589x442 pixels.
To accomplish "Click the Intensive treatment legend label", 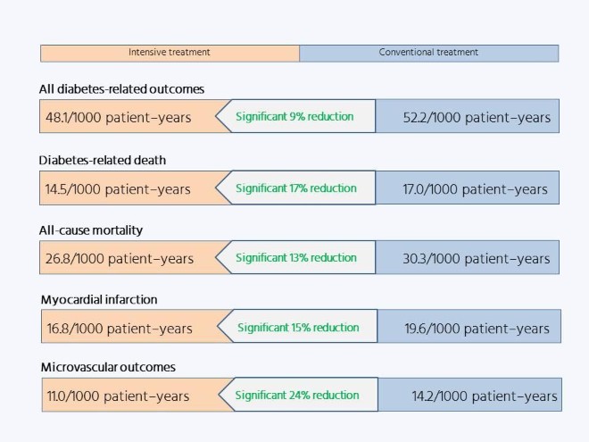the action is pyautogui.click(x=170, y=53).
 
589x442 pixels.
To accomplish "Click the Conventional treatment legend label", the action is pyautogui.click(x=428, y=53).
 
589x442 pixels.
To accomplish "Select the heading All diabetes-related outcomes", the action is pyautogui.click(x=121, y=89).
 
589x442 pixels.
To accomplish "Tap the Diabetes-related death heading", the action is pyautogui.click(x=103, y=161).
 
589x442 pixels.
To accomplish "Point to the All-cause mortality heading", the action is pyautogui.click(x=91, y=230).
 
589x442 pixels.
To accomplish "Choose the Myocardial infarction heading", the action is pyautogui.click(x=99, y=299).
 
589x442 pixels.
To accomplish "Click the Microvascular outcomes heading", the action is pyautogui.click(x=108, y=367).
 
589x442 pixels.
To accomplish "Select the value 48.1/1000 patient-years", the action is pyautogui.click(x=119, y=118).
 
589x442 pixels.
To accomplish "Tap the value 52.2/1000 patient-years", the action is pyautogui.click(x=477, y=118).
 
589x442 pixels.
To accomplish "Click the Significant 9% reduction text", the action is pyautogui.click(x=294, y=116).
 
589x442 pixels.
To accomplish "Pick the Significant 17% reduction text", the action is pyautogui.click(x=296, y=188).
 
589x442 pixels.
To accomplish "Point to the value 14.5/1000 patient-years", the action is pyautogui.click(x=118, y=189).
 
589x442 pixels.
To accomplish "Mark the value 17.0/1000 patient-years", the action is pyautogui.click(x=475, y=189).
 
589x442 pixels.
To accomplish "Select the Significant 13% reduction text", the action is pyautogui.click(x=296, y=258).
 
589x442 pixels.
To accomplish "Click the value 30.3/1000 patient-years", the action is pyautogui.click(x=477, y=259).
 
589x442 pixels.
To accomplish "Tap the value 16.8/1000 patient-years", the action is pyautogui.click(x=120, y=329).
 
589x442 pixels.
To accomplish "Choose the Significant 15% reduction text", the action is pyautogui.click(x=298, y=328).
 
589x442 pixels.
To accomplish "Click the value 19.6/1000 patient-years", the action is pyautogui.click(x=477, y=329).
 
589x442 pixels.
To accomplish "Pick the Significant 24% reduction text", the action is pyautogui.click(x=297, y=395).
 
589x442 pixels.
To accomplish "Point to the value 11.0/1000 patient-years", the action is pyautogui.click(x=118, y=396).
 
